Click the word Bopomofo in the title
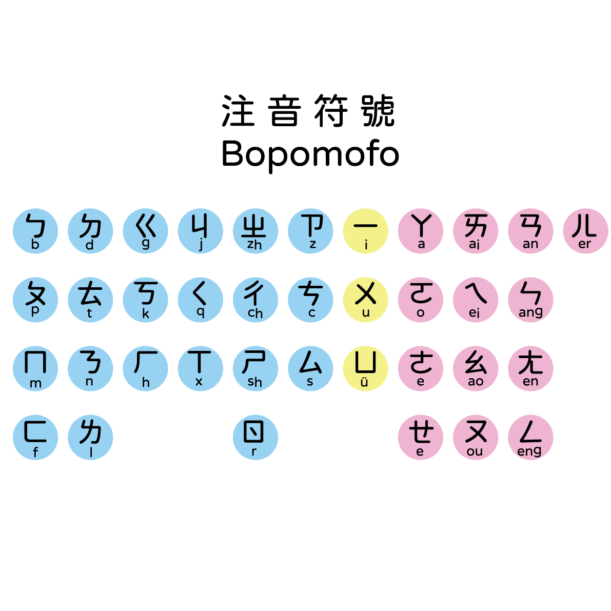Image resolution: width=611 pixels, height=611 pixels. pyautogui.click(x=310, y=154)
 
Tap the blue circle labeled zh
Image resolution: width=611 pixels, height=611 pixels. pyautogui.click(x=255, y=231)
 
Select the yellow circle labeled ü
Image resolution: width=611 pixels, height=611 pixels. pyautogui.click(x=365, y=368)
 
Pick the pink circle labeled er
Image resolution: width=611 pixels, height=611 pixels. pyautogui.click(x=585, y=231)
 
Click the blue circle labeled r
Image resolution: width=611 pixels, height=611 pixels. pyautogui.click(x=255, y=437)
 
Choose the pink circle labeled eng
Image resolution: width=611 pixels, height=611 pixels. pyautogui.click(x=530, y=437)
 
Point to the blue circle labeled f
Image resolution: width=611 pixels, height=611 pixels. pyautogui.click(x=35, y=437)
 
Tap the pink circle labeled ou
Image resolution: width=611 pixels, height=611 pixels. pyautogui.click(x=476, y=437)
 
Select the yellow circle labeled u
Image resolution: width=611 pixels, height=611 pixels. pyautogui.click(x=365, y=300)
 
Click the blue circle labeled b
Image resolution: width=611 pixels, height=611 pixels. pyautogui.click(x=35, y=231)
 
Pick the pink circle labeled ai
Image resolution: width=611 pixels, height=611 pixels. pyautogui.click(x=476, y=231)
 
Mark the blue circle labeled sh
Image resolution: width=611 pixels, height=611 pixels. pyautogui.click(x=255, y=368)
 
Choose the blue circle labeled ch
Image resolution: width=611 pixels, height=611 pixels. pyautogui.click(x=255, y=300)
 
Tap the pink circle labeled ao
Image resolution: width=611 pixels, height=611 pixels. pyautogui.click(x=476, y=368)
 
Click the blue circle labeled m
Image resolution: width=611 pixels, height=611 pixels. pyautogui.click(x=35, y=368)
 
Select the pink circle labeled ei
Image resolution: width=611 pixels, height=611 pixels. pyautogui.click(x=476, y=300)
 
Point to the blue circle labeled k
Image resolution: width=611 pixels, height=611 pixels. pyautogui.click(x=145, y=300)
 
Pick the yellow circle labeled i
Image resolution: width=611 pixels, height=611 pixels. pyautogui.click(x=365, y=231)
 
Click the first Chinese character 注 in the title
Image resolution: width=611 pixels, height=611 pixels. pyautogui.click(x=238, y=111)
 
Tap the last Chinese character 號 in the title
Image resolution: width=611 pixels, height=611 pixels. pyautogui.click(x=379, y=111)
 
